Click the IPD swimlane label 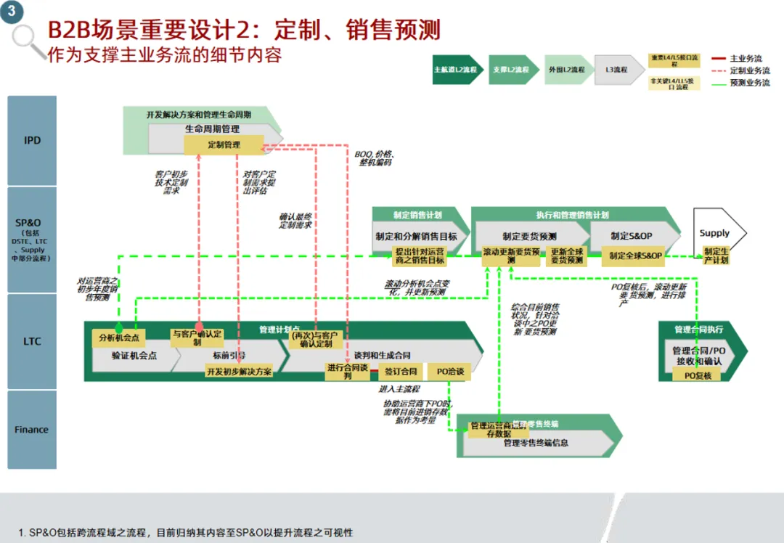[x=32, y=140]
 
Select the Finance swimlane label [x=32, y=429]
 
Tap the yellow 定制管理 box [x=224, y=144]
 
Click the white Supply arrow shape [x=718, y=233]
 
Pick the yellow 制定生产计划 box [x=716, y=256]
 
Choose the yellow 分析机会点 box [x=119, y=338]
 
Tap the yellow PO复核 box [x=698, y=375]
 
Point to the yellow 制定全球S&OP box [x=635, y=256]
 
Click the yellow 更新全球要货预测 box [x=566, y=256]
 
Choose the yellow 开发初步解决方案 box [x=239, y=371]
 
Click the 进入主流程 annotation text [x=399, y=389]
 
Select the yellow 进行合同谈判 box [x=348, y=371]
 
